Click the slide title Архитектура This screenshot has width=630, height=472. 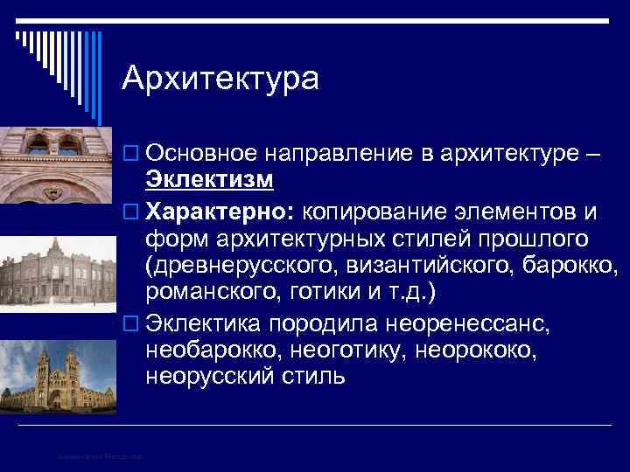pos(220,78)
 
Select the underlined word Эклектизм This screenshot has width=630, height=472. pos(210,180)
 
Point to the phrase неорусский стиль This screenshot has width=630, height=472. pos(246,378)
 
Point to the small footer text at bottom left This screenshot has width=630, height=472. pos(101,455)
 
